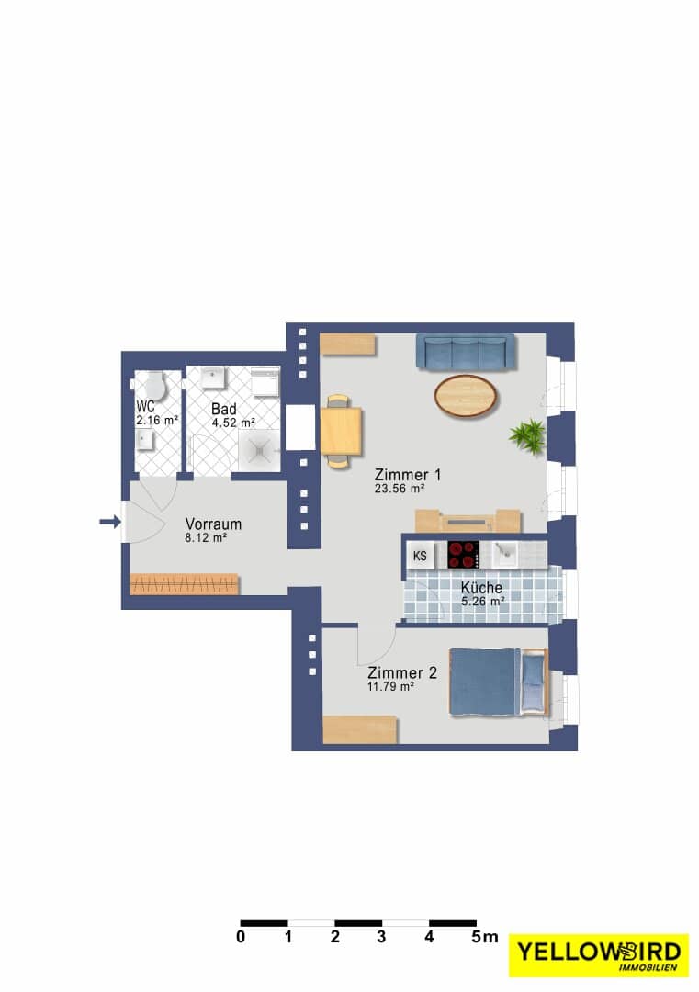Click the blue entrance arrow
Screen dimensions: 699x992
point(110,522)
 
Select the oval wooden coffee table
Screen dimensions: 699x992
point(467,396)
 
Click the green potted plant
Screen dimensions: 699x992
point(527,434)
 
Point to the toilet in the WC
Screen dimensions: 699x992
point(152,387)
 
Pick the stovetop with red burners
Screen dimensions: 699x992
point(463,555)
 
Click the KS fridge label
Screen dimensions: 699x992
point(420,556)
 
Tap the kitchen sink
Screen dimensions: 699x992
point(505,554)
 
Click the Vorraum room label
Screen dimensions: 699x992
point(213,524)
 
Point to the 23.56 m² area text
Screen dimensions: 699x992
point(400,489)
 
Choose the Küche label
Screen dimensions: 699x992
point(481,587)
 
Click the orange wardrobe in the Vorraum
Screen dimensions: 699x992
point(184,584)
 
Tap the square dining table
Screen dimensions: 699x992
point(342,432)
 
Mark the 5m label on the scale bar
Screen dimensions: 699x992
point(485,937)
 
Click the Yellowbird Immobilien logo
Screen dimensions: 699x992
point(598,955)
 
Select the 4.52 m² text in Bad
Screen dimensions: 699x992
point(233,423)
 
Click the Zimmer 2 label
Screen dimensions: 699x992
point(401,672)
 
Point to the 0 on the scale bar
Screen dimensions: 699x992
point(241,937)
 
